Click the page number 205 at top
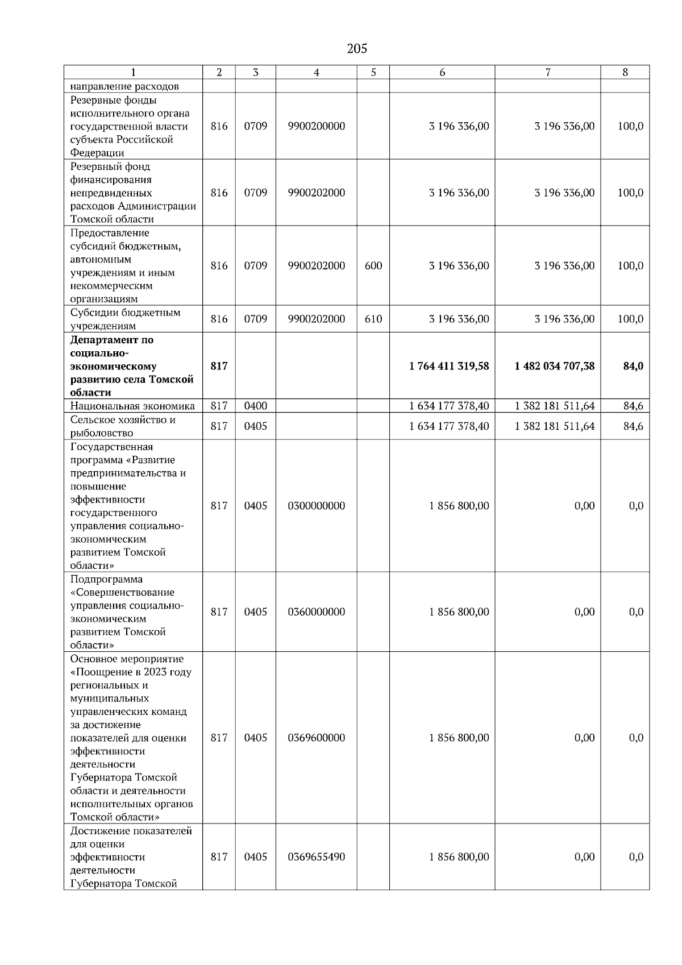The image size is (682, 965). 357,49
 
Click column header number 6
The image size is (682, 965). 442,72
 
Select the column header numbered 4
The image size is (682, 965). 317,72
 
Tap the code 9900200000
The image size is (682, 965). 317,126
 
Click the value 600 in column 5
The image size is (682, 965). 373,265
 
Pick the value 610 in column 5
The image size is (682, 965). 373,319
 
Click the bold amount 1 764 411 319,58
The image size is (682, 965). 448,366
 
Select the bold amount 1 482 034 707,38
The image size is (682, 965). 554,366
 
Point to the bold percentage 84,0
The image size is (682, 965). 633,366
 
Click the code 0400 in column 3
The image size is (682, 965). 255,406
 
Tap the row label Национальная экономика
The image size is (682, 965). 132,406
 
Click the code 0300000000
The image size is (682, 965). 317,506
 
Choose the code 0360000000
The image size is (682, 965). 317,612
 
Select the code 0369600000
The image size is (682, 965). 317,738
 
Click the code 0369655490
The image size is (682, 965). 317,857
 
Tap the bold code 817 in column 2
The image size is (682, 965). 219,366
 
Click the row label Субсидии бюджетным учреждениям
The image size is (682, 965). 125,319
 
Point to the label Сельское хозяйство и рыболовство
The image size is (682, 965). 123,426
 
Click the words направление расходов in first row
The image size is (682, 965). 124,86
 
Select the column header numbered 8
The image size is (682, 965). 625,72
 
